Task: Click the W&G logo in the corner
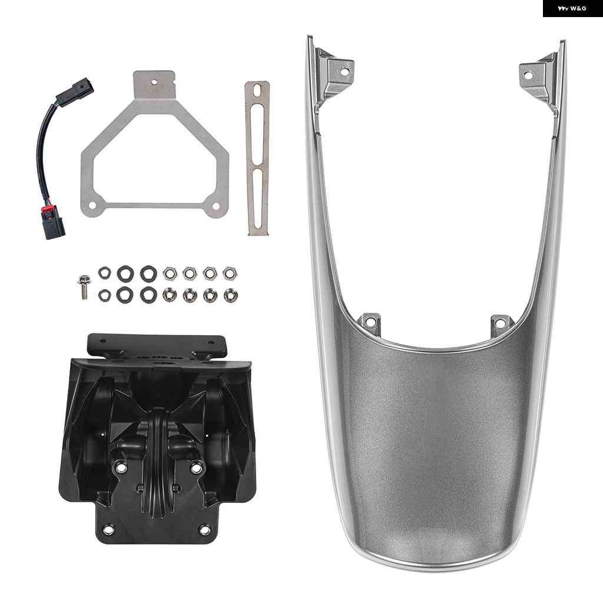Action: pyautogui.click(x=572, y=8)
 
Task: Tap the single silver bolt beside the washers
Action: pyautogui.click(x=84, y=287)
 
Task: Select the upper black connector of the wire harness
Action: pyautogui.click(x=75, y=90)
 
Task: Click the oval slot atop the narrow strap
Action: pyautogui.click(x=257, y=90)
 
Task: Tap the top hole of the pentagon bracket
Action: pyautogui.click(x=154, y=81)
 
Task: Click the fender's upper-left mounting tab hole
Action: pyautogui.click(x=344, y=71)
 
